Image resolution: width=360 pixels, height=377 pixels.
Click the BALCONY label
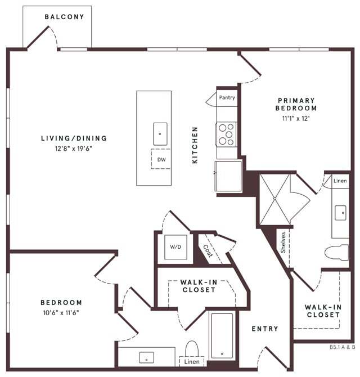(64, 17)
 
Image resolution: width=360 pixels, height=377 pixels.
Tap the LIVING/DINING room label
(74, 138)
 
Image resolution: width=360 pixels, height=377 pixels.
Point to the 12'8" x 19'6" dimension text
(73, 149)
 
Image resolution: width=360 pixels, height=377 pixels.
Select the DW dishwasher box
(161, 159)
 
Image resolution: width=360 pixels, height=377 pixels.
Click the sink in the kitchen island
(160, 134)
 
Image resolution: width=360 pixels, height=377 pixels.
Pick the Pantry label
(227, 97)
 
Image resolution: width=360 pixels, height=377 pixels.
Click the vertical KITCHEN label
(195, 145)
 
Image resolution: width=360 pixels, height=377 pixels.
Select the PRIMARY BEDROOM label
(296, 104)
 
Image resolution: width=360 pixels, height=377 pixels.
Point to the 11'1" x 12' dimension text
(296, 119)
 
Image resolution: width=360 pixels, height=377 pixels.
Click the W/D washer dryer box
(175, 247)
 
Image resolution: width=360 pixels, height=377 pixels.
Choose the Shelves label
(283, 243)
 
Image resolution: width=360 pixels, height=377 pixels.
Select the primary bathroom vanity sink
(340, 213)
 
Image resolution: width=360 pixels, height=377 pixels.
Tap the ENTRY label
(264, 329)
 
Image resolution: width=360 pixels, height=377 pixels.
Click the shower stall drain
(274, 198)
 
